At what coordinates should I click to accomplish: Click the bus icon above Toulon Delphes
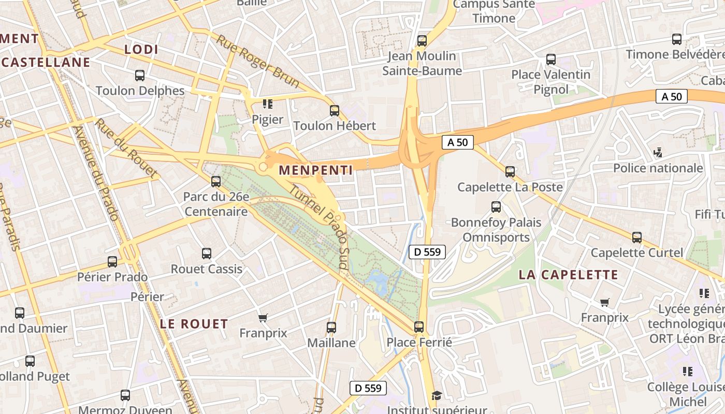click(x=140, y=76)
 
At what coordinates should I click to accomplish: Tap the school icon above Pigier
click(x=267, y=104)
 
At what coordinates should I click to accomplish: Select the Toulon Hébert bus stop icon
click(x=335, y=110)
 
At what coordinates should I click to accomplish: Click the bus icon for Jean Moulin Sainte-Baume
click(x=422, y=40)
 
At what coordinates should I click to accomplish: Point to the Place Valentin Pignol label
click(x=551, y=82)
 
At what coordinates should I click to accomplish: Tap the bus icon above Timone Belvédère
click(x=676, y=39)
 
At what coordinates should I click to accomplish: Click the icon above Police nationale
click(x=658, y=153)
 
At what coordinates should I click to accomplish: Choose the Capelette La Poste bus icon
click(x=510, y=171)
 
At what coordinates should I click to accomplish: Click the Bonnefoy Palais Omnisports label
click(x=496, y=230)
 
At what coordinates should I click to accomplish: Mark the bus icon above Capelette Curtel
click(x=637, y=238)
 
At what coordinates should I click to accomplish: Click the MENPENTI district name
click(x=315, y=170)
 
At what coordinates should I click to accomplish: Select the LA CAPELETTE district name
click(x=568, y=275)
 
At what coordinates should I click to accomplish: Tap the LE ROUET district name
click(x=194, y=324)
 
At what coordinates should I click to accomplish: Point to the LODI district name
click(x=141, y=49)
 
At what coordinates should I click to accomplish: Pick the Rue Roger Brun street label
click(x=258, y=61)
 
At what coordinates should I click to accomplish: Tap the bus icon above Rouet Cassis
click(x=207, y=254)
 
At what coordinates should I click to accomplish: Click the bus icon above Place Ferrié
click(x=419, y=327)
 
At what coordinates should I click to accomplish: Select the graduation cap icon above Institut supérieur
click(x=437, y=396)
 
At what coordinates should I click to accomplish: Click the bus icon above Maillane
click(x=331, y=328)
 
